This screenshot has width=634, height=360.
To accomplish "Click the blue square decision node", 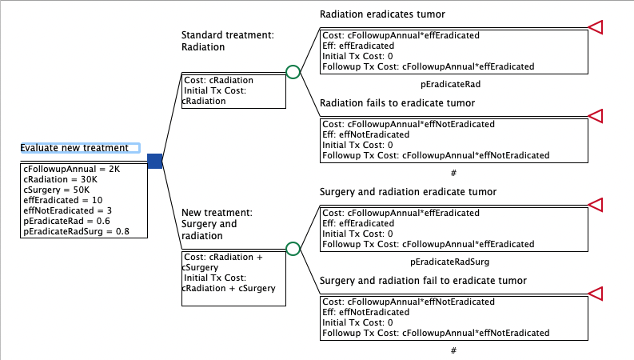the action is pos(155,161).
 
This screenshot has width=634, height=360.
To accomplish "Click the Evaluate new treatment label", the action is pos(74,148).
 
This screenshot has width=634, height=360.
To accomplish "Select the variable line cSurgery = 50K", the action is pos(57,190).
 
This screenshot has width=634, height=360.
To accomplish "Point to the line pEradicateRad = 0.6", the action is pos(66,221).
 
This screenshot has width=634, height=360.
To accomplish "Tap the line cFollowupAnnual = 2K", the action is pos(72,169).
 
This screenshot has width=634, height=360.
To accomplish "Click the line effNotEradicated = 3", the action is pos(67,210).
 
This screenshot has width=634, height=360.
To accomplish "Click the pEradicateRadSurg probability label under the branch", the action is pos(449,262).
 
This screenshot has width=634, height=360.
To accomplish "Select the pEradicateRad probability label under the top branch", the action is pos(450,84).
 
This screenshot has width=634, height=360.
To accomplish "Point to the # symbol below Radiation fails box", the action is pos(453,173).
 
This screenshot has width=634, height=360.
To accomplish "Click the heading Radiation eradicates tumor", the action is pos(382,14).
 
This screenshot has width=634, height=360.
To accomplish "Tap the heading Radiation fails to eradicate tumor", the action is pos(397,102).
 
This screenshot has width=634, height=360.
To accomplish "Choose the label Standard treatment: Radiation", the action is pos(228,41).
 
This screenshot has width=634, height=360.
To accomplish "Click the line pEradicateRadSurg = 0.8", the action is pos(77,231).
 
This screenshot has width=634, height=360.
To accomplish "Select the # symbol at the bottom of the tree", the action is pos(453,350).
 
